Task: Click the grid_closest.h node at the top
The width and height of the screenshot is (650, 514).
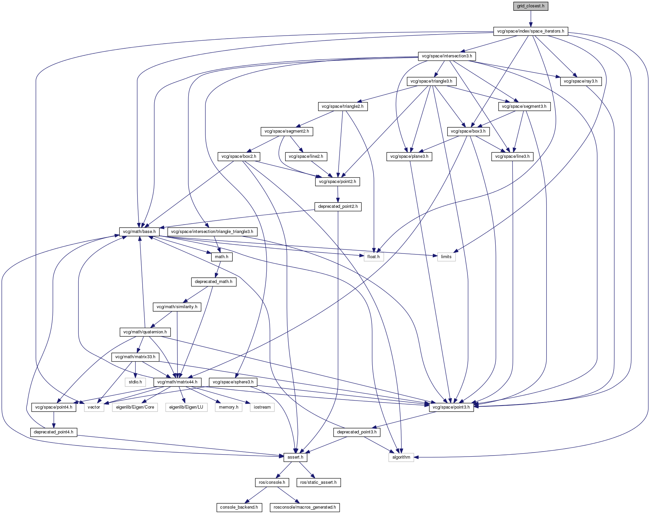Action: click(531, 6)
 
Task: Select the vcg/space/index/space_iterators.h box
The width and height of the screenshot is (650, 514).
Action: click(531, 31)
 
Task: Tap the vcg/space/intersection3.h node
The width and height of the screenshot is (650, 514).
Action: click(447, 56)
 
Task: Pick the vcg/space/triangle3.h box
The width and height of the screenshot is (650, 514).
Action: click(431, 81)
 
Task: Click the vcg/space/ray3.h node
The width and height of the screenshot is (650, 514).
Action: click(580, 81)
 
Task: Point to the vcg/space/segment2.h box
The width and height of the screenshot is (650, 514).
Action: click(286, 131)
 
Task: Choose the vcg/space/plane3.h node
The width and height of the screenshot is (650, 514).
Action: click(409, 156)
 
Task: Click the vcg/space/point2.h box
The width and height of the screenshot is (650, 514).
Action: click(338, 182)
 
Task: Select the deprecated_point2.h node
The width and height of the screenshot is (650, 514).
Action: click(338, 206)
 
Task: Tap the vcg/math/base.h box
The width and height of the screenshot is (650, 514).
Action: click(139, 232)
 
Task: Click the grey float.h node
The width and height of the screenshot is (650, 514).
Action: click(373, 257)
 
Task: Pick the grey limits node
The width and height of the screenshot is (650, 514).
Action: click(446, 257)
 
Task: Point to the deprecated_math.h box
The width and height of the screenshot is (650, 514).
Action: click(214, 282)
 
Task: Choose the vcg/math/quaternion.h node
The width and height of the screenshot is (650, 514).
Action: click(145, 332)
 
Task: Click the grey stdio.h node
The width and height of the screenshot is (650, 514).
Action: click(135, 382)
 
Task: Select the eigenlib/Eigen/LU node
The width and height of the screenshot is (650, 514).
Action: click(186, 407)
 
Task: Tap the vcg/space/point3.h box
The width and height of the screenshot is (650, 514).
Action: click(451, 407)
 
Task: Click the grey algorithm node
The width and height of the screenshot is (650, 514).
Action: click(401, 457)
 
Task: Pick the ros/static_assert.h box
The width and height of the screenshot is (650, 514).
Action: click(318, 482)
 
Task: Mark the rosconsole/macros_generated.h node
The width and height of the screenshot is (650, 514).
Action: click(305, 507)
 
